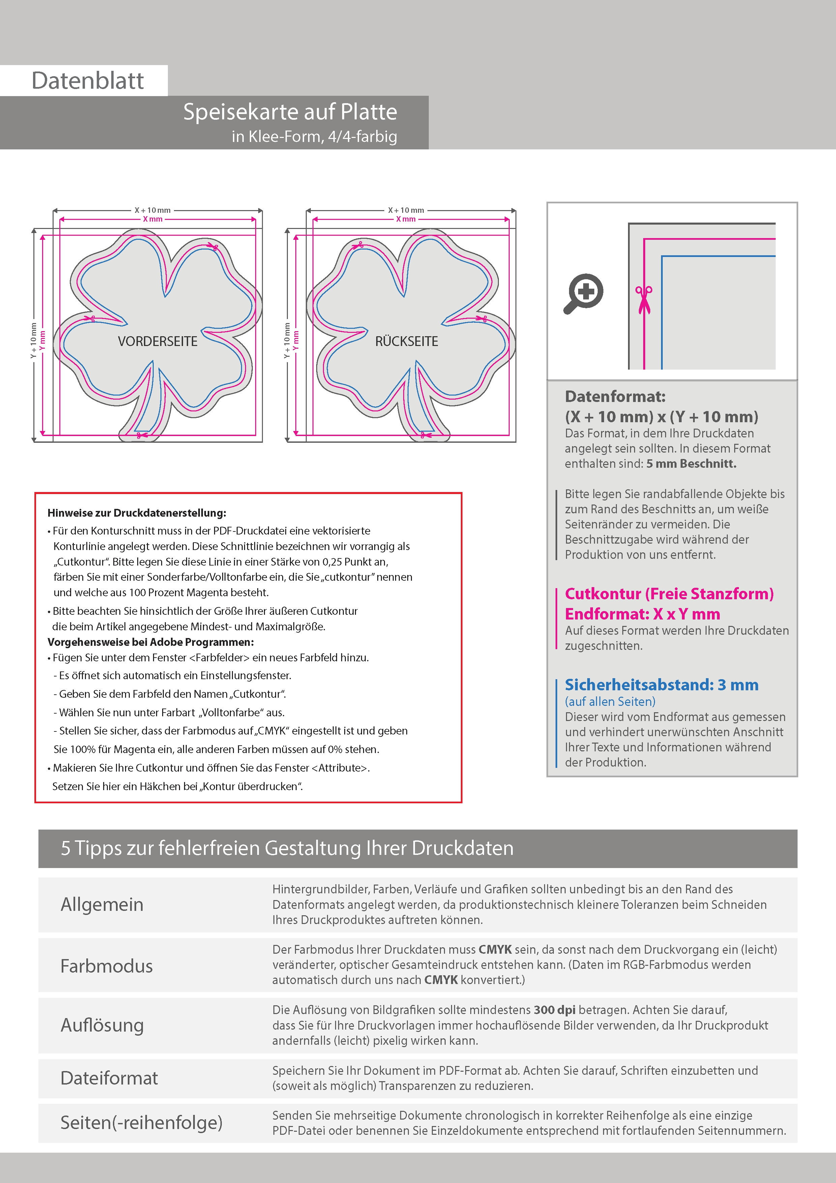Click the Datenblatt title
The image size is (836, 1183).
88,81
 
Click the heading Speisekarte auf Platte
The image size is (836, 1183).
290,112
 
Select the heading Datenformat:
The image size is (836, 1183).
615,396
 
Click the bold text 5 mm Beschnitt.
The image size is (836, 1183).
691,463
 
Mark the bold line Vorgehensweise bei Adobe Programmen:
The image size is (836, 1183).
150,642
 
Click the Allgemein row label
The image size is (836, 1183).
102,904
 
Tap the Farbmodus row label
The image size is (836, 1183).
107,965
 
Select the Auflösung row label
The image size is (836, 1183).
102,1025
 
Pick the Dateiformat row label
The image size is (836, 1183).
109,1078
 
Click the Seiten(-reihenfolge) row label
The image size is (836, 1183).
141,1122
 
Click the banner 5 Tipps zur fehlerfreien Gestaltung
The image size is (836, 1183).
287,848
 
